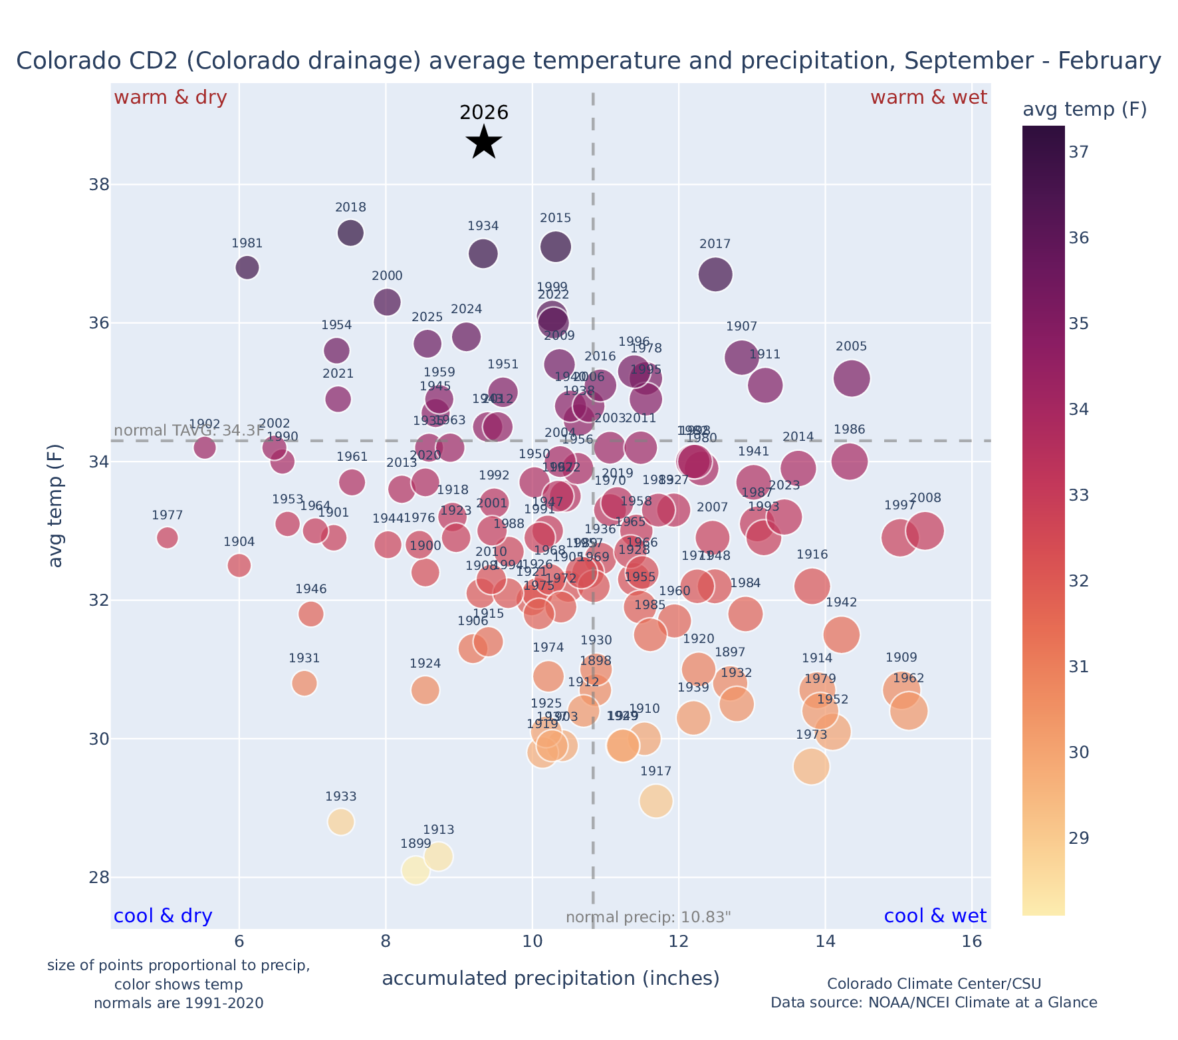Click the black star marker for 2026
click(484, 142)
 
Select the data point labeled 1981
click(247, 267)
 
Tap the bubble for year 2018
click(350, 233)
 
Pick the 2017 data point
click(715, 275)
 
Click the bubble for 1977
click(168, 537)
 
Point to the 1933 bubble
click(340, 822)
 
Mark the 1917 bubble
click(655, 801)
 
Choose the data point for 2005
click(852, 378)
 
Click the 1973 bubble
click(811, 767)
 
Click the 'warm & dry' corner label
click(171, 98)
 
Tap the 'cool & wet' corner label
click(935, 916)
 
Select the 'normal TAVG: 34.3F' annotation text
click(189, 430)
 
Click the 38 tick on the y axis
click(98, 184)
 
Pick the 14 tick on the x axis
click(825, 942)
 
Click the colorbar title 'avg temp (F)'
click(1084, 110)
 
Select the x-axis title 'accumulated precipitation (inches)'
click(550, 978)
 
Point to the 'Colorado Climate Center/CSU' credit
click(933, 983)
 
